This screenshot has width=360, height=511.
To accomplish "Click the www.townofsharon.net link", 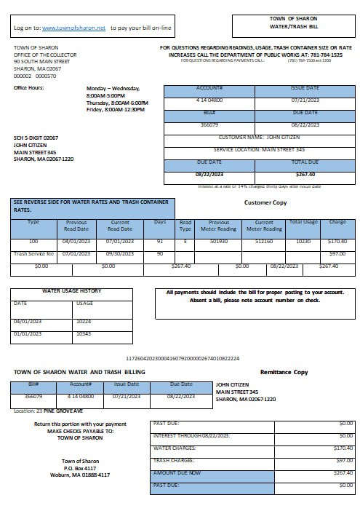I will coord(74,28).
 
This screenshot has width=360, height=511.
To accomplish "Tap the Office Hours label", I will coord(29,88).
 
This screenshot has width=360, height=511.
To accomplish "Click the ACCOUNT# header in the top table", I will coord(209,88).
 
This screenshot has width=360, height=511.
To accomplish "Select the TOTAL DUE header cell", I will coord(305,162).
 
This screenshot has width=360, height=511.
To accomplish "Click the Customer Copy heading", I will coord(266,202).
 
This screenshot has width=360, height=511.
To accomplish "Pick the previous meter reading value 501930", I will coord(219,240).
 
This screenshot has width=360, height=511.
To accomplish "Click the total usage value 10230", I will coord(303,240).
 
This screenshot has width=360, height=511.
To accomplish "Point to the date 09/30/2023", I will coord(119,253).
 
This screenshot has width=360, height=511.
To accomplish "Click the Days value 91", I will coord(159,240).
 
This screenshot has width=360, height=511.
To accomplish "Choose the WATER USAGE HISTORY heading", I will coord(71,291).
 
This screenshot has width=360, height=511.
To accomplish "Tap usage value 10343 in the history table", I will coord(84,333).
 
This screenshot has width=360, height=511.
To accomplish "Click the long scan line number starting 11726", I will coord(182,359).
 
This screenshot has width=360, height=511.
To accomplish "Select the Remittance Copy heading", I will coord(284,372).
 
